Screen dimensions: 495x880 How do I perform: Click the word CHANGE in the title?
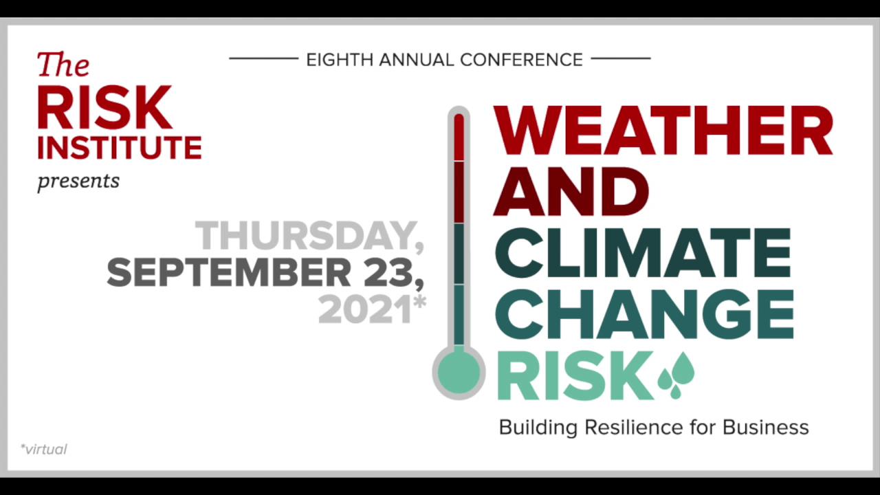point(644,313)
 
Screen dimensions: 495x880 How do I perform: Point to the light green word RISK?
point(574,375)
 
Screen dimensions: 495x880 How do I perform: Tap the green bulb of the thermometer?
point(459,372)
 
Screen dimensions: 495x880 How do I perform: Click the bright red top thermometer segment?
point(459,138)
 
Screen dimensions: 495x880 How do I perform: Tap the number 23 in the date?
point(391,273)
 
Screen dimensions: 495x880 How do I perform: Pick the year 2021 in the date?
point(364,310)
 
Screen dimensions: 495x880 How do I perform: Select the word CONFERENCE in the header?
point(521,60)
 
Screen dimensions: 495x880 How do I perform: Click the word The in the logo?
point(63,65)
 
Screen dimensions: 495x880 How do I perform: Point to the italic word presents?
point(78,181)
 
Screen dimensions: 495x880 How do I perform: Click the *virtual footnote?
point(44,450)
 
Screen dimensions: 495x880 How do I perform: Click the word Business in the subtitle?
point(765,428)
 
